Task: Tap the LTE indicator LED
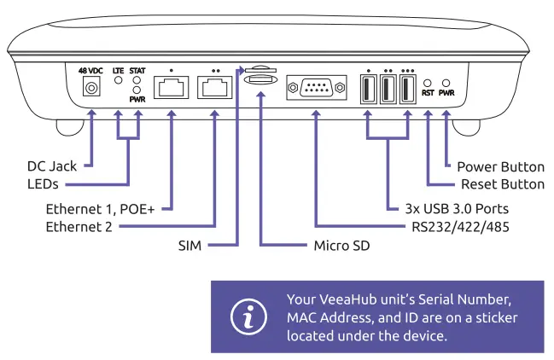pyautogui.click(x=118, y=82)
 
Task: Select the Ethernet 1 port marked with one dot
pyautogui.click(x=171, y=87)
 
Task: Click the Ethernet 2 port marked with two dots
pyautogui.click(x=214, y=87)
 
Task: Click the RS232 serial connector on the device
pyautogui.click(x=316, y=87)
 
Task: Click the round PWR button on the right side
pyautogui.click(x=446, y=81)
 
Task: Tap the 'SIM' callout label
pyautogui.click(x=190, y=246)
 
